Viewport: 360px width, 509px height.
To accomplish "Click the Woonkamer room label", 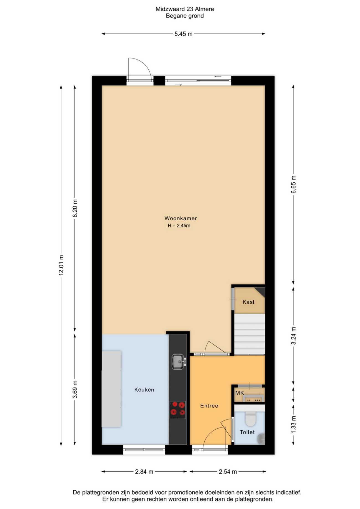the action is [x=181, y=218].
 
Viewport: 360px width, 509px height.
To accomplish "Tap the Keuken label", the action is [x=144, y=390].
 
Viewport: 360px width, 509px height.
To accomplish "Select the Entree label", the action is [x=209, y=406].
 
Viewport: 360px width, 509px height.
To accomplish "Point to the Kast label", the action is [x=248, y=302].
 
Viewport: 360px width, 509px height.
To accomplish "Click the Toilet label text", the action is [x=247, y=432].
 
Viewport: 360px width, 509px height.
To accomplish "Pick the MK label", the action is [x=240, y=393].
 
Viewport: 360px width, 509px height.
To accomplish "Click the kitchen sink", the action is [x=179, y=362].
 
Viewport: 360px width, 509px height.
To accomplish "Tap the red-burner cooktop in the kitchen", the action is [x=178, y=410].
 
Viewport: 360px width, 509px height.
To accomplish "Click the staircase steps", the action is [x=250, y=334].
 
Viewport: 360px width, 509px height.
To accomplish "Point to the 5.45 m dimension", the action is [x=183, y=34].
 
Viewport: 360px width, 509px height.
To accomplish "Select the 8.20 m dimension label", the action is [x=75, y=208].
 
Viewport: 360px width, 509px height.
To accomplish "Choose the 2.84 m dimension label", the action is [x=144, y=472].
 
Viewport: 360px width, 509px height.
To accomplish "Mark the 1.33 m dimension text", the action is [x=294, y=424].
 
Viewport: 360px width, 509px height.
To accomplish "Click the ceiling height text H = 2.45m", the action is [x=179, y=226].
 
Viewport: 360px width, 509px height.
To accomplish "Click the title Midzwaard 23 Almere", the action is [x=185, y=9].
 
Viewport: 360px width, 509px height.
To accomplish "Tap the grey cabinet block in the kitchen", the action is [x=111, y=389].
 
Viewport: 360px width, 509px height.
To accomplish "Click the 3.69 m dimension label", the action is [x=75, y=389].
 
